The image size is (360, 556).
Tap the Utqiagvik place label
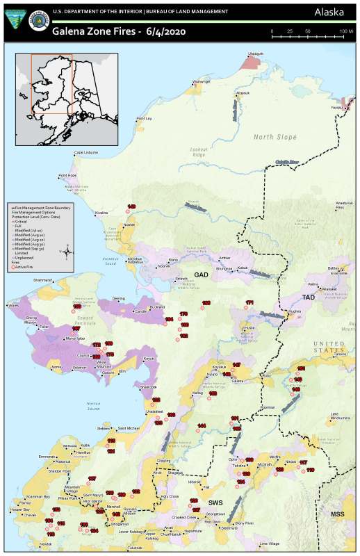tap(256, 53)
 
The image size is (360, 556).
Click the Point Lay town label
tap(145, 119)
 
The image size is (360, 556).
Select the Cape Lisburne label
tap(86, 152)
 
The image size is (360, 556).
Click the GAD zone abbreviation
tap(202, 275)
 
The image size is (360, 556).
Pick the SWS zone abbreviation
tap(215, 501)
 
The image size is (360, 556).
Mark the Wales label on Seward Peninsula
tap(14, 304)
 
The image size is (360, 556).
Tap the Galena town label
tap(238, 381)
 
